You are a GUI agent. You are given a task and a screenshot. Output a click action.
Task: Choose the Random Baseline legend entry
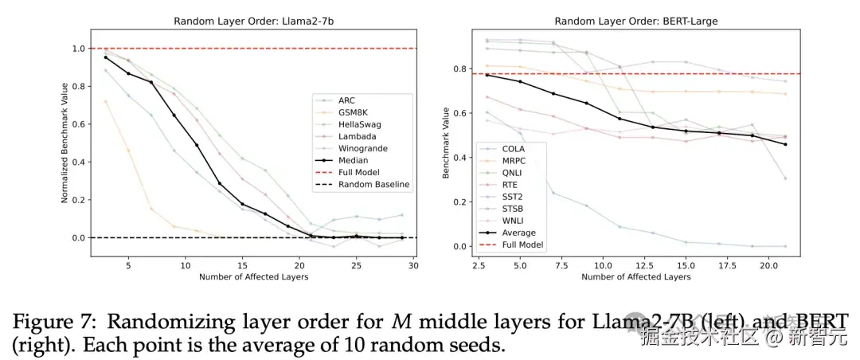[x=373, y=185]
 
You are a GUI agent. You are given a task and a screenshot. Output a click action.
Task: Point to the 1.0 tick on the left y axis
[x=78, y=49]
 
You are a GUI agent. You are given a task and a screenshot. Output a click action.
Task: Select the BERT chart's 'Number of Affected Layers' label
[x=635, y=276]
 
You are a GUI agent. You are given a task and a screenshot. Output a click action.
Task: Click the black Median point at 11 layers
[x=197, y=145]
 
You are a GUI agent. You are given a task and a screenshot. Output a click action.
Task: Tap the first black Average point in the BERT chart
[x=487, y=75]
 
